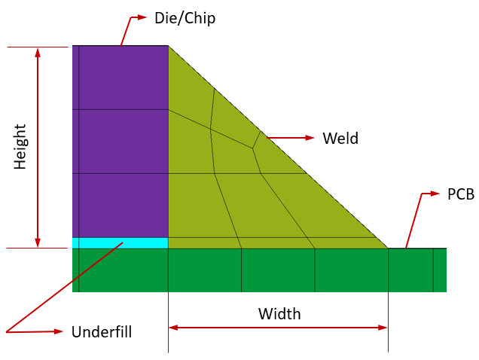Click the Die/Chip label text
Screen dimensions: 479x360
(x=185, y=18)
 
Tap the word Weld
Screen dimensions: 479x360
(x=340, y=138)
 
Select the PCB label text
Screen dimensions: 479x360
(x=461, y=194)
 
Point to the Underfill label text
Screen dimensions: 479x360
(x=102, y=332)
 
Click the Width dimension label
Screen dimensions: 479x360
(x=279, y=314)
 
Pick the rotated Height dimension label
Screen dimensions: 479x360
(x=20, y=147)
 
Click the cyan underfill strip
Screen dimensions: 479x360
(x=120, y=243)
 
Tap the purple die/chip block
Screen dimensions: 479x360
(x=120, y=142)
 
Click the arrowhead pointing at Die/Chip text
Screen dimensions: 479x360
(x=142, y=17)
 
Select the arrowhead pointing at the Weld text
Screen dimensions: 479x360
(x=309, y=138)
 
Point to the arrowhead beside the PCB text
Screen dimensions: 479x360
(x=435, y=194)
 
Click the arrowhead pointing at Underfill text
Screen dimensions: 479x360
(x=57, y=331)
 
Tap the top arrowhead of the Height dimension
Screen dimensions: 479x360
(x=38, y=53)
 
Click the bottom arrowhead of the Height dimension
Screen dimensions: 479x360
(x=38, y=243)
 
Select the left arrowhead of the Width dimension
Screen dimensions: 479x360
(x=173, y=328)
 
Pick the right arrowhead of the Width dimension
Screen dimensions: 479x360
(x=383, y=328)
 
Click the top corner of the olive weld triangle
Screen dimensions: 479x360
(x=168, y=46)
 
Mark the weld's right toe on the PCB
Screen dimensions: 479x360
(x=388, y=249)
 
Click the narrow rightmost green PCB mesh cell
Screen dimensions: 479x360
(x=440, y=270)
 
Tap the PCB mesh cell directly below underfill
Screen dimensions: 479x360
(x=124, y=270)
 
